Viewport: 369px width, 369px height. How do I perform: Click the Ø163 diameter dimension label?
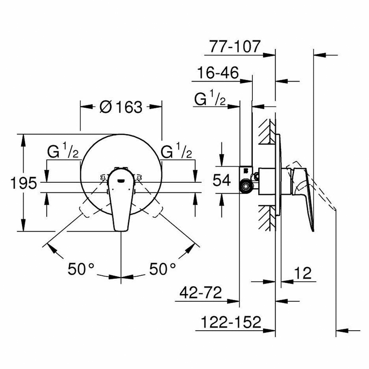tap(121, 107)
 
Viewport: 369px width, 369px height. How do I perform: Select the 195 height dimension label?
tap(24, 183)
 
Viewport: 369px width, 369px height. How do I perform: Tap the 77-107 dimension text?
tap(235, 47)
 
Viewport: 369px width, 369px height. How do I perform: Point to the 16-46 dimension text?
tap(218, 72)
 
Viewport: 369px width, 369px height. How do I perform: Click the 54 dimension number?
tap(222, 180)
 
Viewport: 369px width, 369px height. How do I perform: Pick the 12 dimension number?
tap(303, 273)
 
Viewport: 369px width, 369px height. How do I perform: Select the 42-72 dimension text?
tap(201, 292)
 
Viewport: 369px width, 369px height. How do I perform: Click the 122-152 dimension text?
tap(231, 322)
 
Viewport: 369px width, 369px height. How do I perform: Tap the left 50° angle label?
tap(81, 269)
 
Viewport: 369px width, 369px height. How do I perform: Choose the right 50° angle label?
tap(162, 269)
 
